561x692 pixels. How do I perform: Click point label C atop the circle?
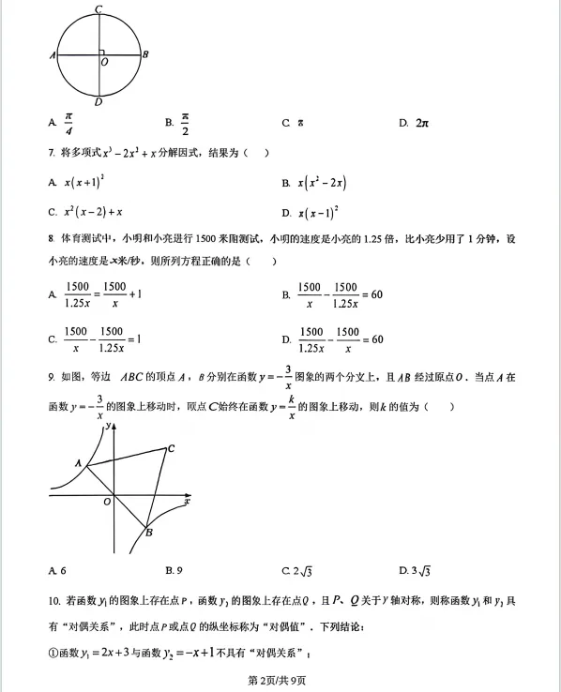pos(99,8)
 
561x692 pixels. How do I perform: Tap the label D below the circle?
pos(99,101)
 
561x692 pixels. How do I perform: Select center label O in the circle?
pos(103,62)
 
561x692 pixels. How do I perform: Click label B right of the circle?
pos(145,54)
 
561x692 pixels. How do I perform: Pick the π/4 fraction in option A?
pos(68,123)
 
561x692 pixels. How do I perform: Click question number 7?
pos(51,152)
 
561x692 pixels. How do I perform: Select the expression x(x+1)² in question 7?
pos(83,181)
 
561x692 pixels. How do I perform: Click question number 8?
pos(51,238)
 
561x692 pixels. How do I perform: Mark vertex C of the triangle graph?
pos(171,448)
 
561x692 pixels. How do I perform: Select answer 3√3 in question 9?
pos(414,569)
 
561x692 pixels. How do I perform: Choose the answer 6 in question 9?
pos(63,570)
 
